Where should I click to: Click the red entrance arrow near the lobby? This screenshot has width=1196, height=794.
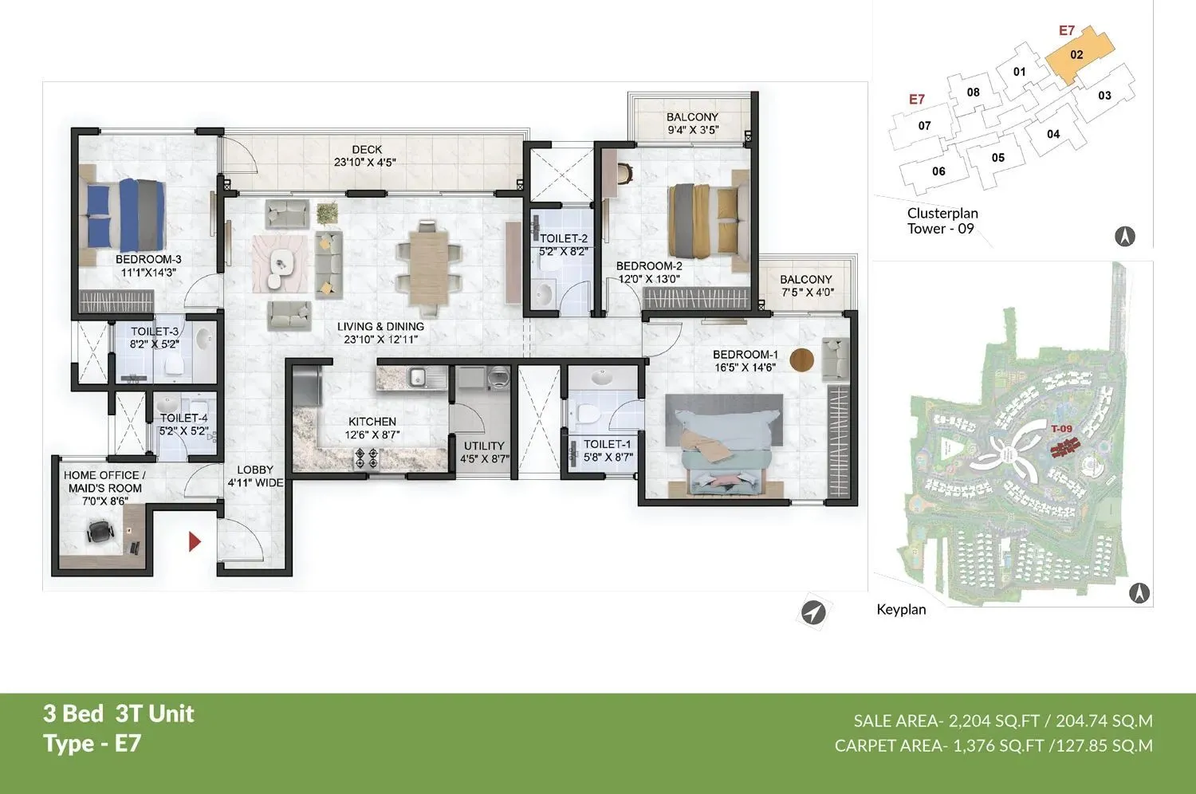point(194,542)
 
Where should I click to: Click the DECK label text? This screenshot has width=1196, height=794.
point(367,149)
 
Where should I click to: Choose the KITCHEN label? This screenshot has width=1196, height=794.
point(372,422)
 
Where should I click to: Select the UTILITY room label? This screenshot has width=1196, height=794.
point(484,446)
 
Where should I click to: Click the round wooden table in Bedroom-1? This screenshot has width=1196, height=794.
point(802,360)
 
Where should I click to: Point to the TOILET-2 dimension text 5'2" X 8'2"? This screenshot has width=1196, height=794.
point(564,251)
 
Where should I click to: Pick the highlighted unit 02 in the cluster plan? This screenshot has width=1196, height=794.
point(1077,55)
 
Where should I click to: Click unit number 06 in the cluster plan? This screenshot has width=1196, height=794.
point(938,171)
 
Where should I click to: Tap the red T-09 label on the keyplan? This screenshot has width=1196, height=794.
point(1061,429)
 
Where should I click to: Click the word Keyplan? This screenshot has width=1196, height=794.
point(901,610)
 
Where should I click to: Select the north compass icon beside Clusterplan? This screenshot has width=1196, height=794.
point(1124,236)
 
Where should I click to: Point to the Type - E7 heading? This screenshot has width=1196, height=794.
point(92,744)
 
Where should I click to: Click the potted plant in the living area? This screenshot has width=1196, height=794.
point(327,213)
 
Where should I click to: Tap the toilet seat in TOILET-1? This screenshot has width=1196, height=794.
point(586,414)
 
